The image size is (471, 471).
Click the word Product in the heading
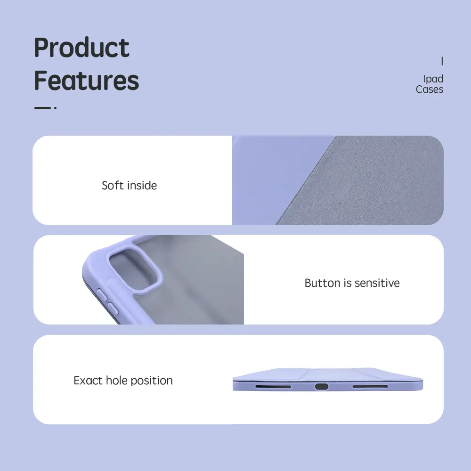coord(81,47)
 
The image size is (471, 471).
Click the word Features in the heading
coord(87,80)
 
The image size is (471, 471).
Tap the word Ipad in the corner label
coord(433,79)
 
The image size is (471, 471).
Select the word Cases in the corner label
coord(430,89)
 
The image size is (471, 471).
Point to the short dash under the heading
coord(42,108)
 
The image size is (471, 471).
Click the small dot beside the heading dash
coord(55,108)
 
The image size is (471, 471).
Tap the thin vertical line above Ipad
coord(442,61)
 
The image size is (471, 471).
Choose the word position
coord(152,381)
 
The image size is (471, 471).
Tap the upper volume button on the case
coord(102,294)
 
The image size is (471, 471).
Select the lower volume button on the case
coord(113,309)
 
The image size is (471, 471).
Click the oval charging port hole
coord(321,386)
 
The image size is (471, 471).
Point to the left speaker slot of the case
coord(273,387)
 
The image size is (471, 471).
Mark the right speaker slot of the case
coord(370,386)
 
